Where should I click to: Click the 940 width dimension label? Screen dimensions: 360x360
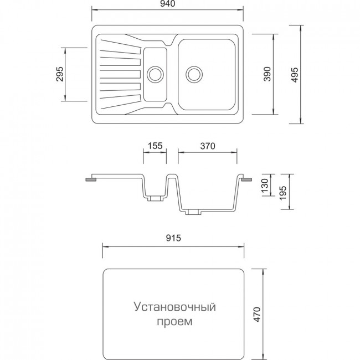tap(168, 3)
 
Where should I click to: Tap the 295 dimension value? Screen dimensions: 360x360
tap(60, 74)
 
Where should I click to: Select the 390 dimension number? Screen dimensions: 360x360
tap(268, 74)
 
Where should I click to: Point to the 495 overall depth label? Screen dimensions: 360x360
tap(295, 75)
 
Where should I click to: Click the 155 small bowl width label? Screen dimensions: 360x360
tap(155, 146)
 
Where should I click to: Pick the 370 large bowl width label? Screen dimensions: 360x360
tap(208, 146)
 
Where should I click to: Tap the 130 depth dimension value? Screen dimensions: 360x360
tap(265, 186)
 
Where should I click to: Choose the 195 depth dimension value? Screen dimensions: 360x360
tap(283, 192)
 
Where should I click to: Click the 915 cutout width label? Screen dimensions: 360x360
tap(173, 238)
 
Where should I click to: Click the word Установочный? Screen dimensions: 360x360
tap(174, 307)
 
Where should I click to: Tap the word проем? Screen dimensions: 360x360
tap(174, 321)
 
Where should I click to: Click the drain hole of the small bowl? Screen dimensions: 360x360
tap(156, 74)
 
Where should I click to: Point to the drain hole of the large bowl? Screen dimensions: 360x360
tap(194, 74)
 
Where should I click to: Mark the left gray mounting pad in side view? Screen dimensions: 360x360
tap(91, 179)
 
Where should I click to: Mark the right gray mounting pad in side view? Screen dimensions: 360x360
tap(246, 179)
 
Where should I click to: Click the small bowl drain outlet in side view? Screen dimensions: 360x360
tap(155, 199)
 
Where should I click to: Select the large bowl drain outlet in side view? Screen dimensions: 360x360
tap(193, 212)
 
